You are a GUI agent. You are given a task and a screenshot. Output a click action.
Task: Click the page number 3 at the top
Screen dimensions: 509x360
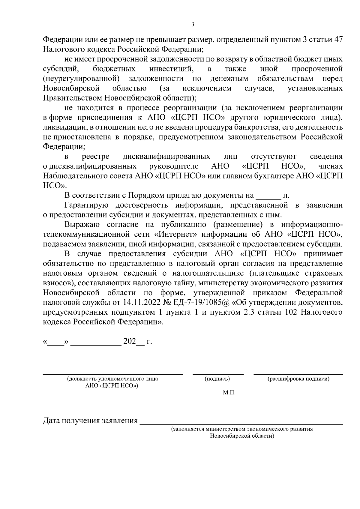coord(192,25)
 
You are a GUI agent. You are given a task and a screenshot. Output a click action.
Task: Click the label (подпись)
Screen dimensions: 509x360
coord(217,379)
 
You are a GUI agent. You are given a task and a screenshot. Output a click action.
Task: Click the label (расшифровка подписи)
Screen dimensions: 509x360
coord(298,379)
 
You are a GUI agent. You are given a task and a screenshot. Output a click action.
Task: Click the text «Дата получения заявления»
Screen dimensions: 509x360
coord(90,421)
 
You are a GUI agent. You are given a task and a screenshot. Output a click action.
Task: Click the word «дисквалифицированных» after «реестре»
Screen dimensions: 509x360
coord(166,157)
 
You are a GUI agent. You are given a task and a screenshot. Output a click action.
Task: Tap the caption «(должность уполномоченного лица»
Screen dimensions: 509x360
coord(112,379)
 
